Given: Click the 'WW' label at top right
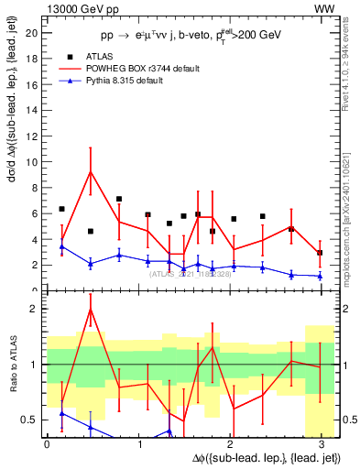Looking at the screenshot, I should [x=324, y=8].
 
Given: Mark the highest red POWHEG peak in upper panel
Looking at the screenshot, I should [x=90, y=171].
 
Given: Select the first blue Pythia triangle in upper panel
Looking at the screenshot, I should [x=61, y=246].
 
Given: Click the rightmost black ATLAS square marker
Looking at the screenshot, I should [x=319, y=253].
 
